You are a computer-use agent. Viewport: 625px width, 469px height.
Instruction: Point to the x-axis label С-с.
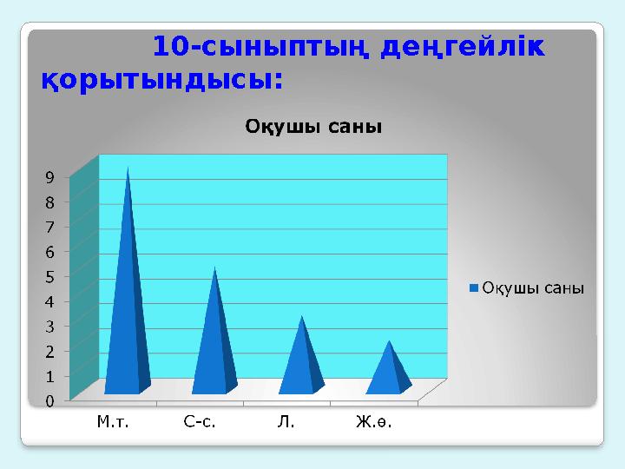pyautogui.click(x=200, y=423)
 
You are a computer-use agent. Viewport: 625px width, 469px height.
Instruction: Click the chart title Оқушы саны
pyautogui.click(x=313, y=127)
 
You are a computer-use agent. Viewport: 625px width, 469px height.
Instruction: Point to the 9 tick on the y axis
pyautogui.click(x=50, y=177)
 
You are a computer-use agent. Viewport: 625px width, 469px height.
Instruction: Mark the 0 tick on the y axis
pyautogui.click(x=50, y=401)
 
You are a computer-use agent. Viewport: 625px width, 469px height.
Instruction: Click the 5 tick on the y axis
pyautogui.click(x=50, y=277)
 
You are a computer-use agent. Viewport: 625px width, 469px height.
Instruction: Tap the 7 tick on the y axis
pyautogui.click(x=50, y=227)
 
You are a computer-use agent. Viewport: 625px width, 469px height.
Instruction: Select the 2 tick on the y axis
pyautogui.click(x=50, y=352)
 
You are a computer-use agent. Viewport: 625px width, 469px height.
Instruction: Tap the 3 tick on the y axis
pyautogui.click(x=50, y=327)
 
